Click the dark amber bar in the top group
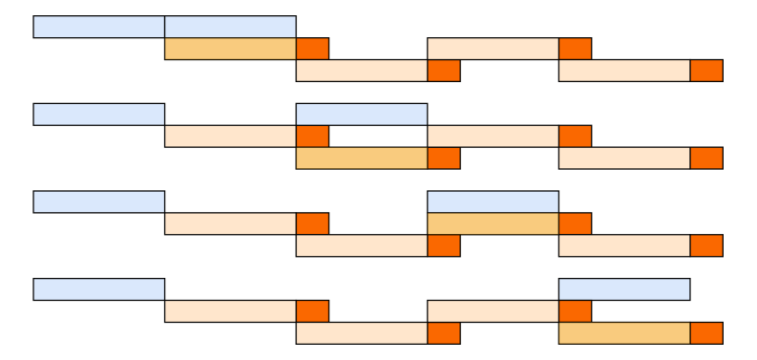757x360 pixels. click(230, 49)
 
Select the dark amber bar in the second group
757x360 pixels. click(361, 158)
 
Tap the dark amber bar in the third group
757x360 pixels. click(493, 223)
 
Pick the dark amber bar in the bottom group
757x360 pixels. click(624, 333)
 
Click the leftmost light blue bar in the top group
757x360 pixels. click(98, 27)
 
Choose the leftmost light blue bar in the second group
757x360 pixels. click(98, 115)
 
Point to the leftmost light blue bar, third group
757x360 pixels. click(98, 201)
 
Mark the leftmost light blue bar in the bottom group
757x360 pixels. click(98, 289)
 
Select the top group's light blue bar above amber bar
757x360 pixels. click(230, 27)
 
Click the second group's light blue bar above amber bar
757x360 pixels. click(361, 115)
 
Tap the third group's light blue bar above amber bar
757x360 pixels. click(493, 201)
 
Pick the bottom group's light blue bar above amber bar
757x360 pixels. click(624, 289)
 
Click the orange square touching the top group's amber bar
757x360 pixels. click(312, 49)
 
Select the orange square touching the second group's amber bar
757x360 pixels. click(443, 158)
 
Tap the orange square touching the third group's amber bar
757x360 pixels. click(575, 223)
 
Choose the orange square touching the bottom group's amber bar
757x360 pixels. click(706, 333)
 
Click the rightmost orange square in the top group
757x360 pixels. click(706, 71)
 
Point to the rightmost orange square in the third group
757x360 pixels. click(706, 245)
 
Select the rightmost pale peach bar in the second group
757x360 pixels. click(624, 158)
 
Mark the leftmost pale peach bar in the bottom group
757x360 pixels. click(230, 311)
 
